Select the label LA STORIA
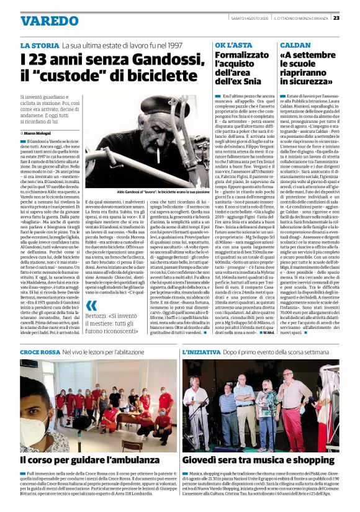[40, 47]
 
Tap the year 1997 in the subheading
[176, 47]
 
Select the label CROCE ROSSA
[40, 353]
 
